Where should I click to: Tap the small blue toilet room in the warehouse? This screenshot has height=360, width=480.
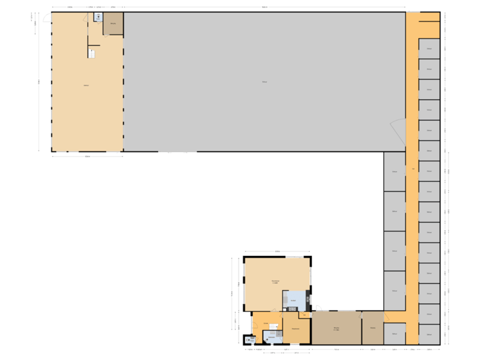98,17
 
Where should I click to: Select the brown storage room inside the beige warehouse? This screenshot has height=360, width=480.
113,24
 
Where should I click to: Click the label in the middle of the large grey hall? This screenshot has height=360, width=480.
265,82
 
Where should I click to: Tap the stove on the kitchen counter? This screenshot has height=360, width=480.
292,309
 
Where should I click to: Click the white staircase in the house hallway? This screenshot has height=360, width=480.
273,327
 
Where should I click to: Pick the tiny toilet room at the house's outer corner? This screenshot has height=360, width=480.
249,340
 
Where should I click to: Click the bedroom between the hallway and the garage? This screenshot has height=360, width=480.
295,327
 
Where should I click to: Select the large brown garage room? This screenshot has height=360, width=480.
337,327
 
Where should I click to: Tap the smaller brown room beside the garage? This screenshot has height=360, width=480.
373,327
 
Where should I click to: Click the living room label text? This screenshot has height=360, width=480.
275,282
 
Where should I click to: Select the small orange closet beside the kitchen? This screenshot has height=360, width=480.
304,315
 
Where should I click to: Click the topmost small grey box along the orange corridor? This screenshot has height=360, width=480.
429,49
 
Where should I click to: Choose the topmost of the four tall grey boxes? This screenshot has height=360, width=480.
395,171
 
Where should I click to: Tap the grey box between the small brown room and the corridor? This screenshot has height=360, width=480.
395,333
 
